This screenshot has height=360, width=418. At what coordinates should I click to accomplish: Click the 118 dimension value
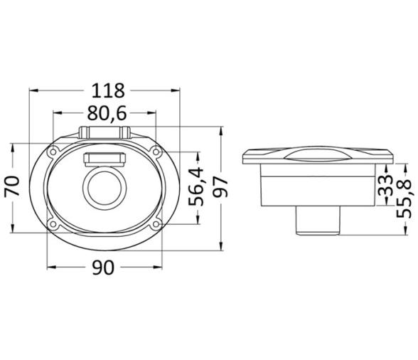click(108, 91)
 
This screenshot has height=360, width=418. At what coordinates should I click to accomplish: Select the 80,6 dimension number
click(107, 114)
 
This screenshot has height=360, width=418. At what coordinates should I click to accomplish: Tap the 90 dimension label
click(103, 268)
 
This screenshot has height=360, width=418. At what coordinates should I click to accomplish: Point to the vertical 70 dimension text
click(12, 186)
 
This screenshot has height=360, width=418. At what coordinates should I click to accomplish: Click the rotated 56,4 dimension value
click(196, 187)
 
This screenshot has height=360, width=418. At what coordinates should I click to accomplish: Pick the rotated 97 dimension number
click(220, 187)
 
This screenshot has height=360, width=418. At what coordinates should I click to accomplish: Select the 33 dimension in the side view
click(386, 186)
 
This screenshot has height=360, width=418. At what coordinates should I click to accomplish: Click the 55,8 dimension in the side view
click(404, 198)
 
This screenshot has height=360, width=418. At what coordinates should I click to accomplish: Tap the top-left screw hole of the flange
click(53, 152)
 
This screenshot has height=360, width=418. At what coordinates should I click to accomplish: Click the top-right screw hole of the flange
click(156, 152)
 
